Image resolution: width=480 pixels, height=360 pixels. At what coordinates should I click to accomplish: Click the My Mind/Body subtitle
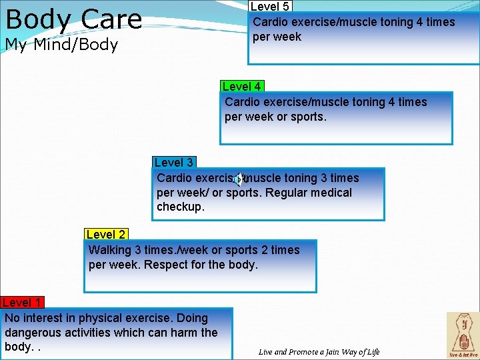coord(61,45)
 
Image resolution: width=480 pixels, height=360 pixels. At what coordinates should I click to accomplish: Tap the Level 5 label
coord(269,7)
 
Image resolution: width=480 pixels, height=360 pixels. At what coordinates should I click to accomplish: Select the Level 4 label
coord(241,87)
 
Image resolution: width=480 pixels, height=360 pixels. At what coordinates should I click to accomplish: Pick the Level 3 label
coord(173,163)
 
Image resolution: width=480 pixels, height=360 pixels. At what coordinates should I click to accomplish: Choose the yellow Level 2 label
coord(105,235)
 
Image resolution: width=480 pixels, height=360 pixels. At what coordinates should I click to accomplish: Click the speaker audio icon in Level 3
coord(240,179)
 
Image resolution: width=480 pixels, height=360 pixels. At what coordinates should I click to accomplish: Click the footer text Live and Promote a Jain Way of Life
coord(319,352)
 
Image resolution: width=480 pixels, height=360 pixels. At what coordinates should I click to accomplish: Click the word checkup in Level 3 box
coord(180,207)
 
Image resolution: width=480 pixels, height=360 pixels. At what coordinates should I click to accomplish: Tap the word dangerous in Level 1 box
coord(31,333)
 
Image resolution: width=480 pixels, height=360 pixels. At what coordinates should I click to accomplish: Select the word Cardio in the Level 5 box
coord(271,22)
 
